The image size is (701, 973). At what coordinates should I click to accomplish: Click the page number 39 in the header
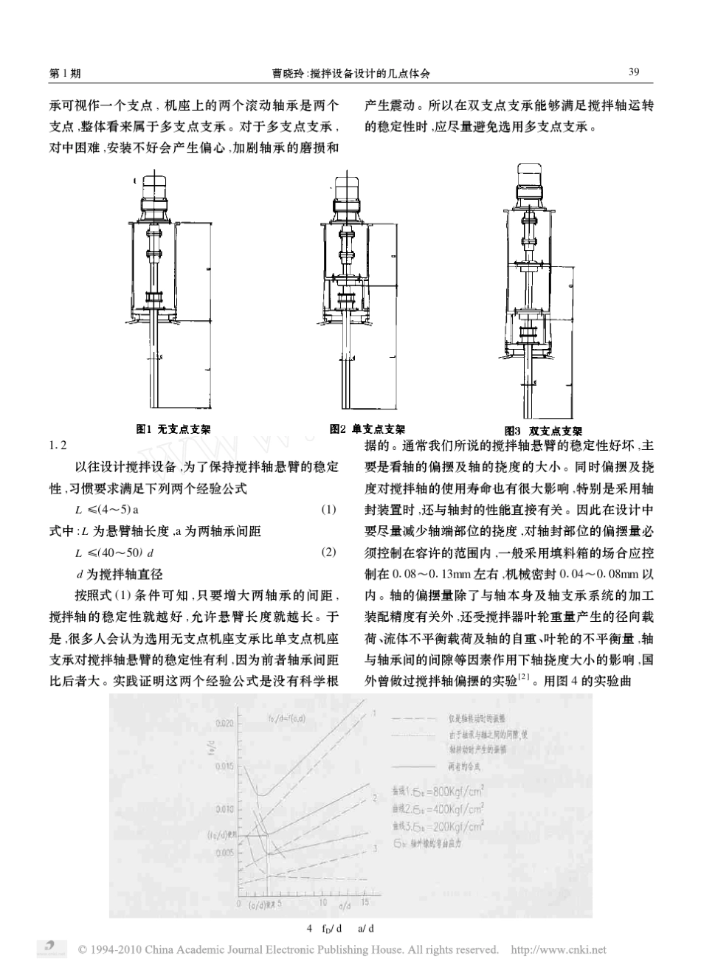pyautogui.click(x=633, y=72)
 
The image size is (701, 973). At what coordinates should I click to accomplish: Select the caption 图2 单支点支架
pyautogui.click(x=367, y=428)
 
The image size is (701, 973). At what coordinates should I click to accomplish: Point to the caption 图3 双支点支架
pyautogui.click(x=543, y=431)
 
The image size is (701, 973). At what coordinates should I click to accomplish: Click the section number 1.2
pyautogui.click(x=58, y=445)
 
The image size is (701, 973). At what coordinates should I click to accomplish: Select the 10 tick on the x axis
pyautogui.click(x=322, y=901)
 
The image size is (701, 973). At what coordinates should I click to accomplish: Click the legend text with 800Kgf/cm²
pyautogui.click(x=438, y=788)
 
